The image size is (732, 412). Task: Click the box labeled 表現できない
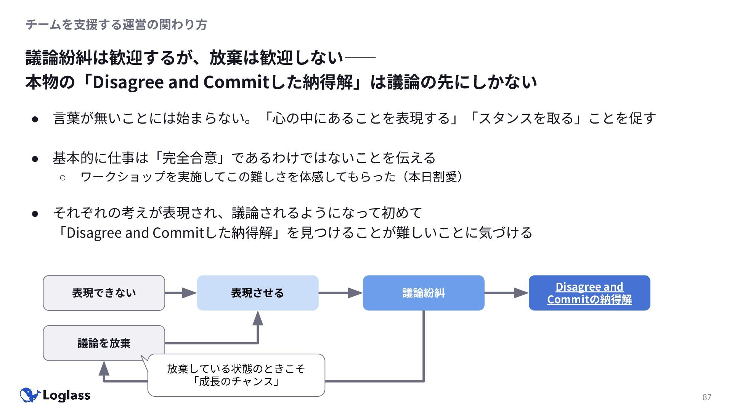[x=104, y=293]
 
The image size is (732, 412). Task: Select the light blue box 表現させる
[x=258, y=293]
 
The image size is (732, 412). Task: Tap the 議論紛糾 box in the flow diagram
[x=424, y=293]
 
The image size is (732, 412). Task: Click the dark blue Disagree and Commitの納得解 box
[x=589, y=293]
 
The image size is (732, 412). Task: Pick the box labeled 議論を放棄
[x=104, y=343]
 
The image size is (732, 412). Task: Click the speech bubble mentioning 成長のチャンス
[x=236, y=375]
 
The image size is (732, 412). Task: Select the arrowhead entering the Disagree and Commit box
[x=521, y=293]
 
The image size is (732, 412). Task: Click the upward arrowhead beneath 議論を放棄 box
[x=104, y=368]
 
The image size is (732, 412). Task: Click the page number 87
[x=707, y=397]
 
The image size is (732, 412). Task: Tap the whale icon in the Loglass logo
[x=30, y=395]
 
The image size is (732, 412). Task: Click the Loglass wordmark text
[x=66, y=396]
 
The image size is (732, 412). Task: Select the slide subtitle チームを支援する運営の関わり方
[x=116, y=25]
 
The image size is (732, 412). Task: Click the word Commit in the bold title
[x=236, y=82]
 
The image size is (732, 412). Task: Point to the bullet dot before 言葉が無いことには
[x=35, y=119]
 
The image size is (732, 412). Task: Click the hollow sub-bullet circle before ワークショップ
[x=63, y=177]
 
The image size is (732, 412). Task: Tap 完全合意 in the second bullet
[x=189, y=158]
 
